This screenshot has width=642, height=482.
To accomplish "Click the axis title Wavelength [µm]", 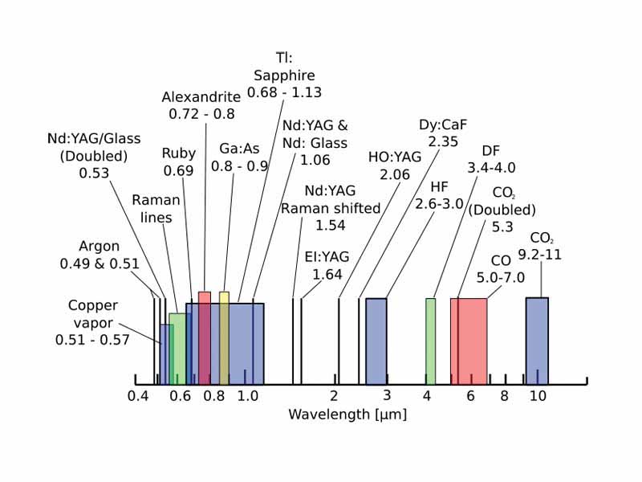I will coord(347,415).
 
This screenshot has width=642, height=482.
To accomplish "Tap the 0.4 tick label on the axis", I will coord(138,396).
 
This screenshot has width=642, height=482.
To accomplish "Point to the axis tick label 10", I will coord(538,396).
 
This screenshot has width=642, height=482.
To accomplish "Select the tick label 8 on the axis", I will coord(505,396).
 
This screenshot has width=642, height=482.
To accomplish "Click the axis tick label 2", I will coord(334,396).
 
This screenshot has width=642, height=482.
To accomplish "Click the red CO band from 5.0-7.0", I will coord(469,341).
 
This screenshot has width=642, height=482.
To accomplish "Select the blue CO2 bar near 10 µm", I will coord(537,341).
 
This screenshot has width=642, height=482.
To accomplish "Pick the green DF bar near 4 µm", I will coord(430,341).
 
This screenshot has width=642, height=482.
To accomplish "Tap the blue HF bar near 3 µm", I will coord(376,341).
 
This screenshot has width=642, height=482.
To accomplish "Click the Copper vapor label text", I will coord(92,322).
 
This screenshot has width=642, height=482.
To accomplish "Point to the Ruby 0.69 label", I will coord(179,162).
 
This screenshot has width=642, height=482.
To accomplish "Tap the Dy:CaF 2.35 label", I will coord(442,133).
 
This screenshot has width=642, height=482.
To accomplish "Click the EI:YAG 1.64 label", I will coord(327,266).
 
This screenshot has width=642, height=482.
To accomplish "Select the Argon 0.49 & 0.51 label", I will coord(100,255).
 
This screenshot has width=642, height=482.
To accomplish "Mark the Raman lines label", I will coord(156,207).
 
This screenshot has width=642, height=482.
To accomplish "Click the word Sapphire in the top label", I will coord(284,76).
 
